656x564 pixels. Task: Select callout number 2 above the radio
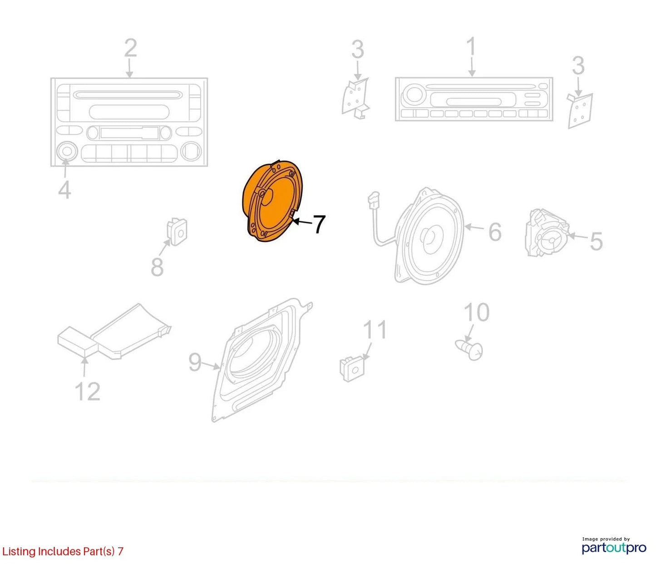point(130,48)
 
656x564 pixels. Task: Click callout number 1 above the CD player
point(472,46)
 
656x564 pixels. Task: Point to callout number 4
point(65,190)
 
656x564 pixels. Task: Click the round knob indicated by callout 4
point(66,151)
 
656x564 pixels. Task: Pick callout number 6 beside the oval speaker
point(495,232)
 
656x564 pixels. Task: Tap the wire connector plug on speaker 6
point(374,199)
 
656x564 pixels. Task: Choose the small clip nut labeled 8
point(177,232)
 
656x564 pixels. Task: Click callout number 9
point(195,362)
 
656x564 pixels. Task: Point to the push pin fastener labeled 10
point(469,350)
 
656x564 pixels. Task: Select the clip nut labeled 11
point(352,369)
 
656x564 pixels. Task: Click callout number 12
point(88,391)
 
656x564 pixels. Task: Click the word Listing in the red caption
point(19,552)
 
